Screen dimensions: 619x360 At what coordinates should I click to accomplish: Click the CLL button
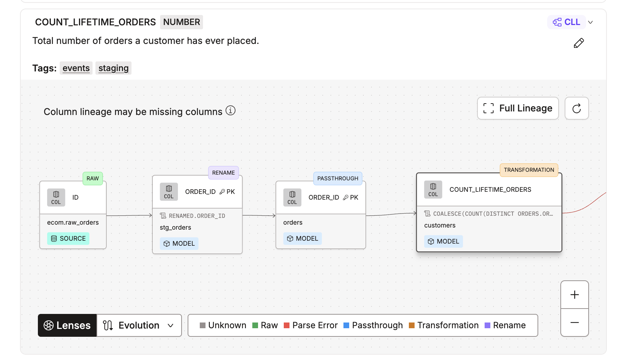coord(566,22)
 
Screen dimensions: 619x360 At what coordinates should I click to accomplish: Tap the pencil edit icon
coord(579,43)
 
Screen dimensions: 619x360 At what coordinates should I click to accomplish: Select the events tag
coord(76,68)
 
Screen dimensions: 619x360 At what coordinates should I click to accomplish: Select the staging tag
coord(113,68)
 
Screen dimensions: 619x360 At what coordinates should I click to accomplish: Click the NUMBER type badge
coord(182,22)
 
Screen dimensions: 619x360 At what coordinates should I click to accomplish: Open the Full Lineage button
coord(518,108)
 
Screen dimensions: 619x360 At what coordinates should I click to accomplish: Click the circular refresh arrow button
coord(576,108)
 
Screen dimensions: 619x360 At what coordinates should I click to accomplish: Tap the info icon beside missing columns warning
coord(231,111)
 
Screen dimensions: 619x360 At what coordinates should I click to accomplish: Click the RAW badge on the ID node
coord(93,179)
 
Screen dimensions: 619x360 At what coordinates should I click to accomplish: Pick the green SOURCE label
coord(68,239)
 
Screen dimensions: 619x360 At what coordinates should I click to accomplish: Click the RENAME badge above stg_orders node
coord(223,173)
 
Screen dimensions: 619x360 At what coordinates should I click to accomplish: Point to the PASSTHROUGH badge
coord(338,179)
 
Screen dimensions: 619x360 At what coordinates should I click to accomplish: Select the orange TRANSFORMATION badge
coord(529,170)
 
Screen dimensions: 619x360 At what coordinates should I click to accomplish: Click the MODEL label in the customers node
coord(444,241)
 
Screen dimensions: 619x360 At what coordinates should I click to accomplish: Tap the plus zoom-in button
coord(575,295)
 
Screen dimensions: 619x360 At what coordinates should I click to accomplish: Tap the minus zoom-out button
coord(575,323)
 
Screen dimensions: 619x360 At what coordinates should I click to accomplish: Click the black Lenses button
coord(67,325)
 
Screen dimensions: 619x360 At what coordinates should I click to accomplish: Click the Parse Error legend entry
coord(311,325)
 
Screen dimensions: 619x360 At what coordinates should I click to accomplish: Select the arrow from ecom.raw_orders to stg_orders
coord(129,215)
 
